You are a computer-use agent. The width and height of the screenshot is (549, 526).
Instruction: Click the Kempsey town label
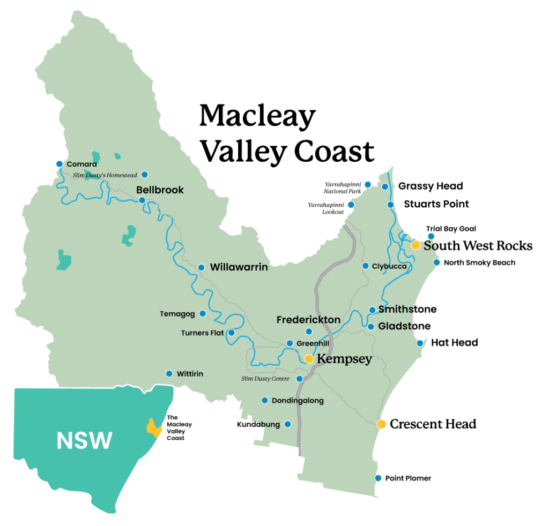pos(345,359)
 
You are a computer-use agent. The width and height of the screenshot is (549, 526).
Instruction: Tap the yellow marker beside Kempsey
pos(309,359)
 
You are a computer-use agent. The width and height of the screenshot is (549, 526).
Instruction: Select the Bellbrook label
pos(160,190)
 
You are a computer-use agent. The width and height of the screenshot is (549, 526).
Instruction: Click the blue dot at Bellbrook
pos(142,200)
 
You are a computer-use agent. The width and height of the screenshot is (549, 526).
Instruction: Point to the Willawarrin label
pos(239,267)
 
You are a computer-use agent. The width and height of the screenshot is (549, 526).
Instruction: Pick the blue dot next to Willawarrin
pos(202,267)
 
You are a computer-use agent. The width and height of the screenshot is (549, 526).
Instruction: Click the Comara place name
pos(81,164)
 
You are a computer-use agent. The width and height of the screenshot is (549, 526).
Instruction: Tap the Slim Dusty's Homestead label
pos(105,175)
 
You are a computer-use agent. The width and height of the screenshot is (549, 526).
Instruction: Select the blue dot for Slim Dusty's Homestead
pos(144,175)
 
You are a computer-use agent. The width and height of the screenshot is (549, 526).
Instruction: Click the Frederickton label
pos(308,320)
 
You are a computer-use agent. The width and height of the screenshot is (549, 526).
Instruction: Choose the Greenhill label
pos(313,343)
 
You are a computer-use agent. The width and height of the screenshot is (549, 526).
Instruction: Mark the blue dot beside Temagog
pos(203,314)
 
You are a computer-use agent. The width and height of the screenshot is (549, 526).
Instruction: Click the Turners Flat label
pos(202,333)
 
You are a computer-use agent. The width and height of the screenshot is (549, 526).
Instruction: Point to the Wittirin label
pos(190,374)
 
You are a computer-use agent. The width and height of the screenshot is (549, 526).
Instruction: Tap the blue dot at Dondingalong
pos(264,400)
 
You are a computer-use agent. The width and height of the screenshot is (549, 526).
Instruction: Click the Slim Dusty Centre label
pos(265,379)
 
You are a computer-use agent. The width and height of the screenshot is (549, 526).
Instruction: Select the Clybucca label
pos(389,266)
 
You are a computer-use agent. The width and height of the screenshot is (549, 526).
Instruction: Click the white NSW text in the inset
pos(85,440)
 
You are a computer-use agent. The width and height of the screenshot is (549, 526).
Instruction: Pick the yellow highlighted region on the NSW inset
pos(154,427)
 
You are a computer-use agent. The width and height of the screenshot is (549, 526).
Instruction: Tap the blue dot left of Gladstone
pos(370,327)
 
